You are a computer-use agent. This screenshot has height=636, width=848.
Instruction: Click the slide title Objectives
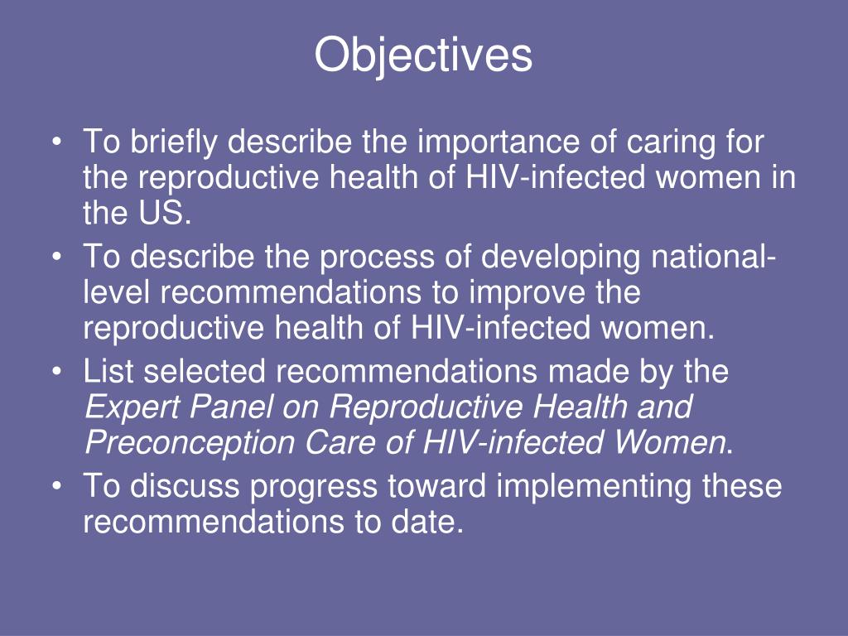(x=423, y=56)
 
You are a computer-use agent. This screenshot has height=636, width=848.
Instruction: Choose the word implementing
(x=593, y=486)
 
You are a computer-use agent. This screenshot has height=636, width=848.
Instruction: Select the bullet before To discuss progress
(x=55, y=487)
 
